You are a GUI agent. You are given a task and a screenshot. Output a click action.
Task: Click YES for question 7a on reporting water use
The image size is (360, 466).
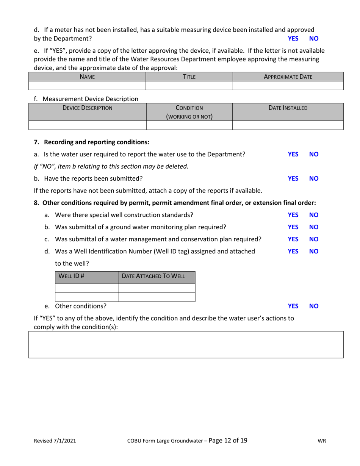pos(293,154)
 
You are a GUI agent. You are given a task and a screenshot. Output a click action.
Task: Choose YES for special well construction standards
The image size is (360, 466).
pos(293,215)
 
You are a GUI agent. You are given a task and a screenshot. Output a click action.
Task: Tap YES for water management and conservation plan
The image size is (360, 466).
pos(293,239)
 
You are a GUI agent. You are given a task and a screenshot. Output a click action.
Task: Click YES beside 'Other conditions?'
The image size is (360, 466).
pos(293,306)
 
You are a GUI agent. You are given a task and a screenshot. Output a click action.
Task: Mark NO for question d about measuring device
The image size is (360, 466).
pos(314,38)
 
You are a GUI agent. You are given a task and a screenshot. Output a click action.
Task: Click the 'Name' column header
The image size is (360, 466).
pos(87,77)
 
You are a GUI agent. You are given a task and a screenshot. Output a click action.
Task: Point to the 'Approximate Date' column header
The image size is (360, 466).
pos(288,77)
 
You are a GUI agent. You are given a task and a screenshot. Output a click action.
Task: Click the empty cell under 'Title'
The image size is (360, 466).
pos(189,85)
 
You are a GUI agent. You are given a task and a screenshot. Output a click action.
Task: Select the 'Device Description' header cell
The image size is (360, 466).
pos(87,108)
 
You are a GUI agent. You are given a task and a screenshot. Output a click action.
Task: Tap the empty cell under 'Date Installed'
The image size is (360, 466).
pos(288,125)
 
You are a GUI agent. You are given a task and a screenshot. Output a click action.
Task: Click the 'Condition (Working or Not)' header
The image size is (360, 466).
pos(189,112)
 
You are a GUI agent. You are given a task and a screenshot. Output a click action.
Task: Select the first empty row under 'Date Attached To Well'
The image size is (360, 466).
pos(157,288)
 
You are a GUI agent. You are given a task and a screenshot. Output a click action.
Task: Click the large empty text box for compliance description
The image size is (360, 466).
pos(186,344)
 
